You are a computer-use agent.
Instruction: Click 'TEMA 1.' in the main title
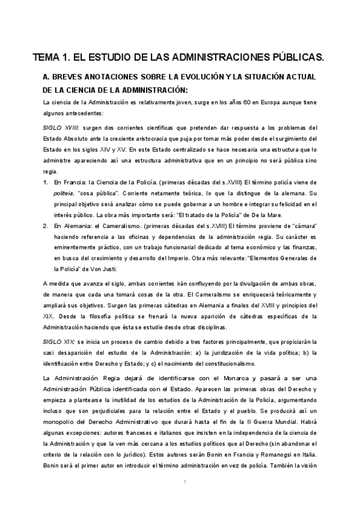coord(50,58)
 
